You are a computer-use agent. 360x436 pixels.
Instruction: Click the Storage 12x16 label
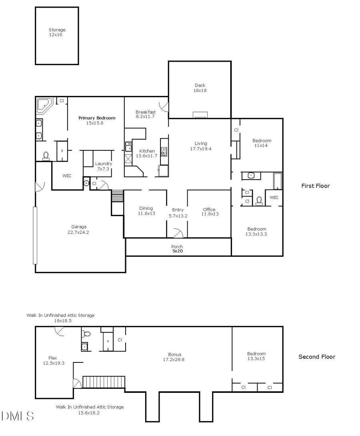click(x=57, y=32)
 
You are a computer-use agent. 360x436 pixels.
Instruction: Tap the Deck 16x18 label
click(x=200, y=88)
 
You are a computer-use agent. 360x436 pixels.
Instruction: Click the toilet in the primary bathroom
click(x=46, y=156)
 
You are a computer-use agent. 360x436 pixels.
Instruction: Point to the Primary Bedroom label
click(x=97, y=120)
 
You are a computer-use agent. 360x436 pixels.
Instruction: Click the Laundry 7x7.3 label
click(x=103, y=166)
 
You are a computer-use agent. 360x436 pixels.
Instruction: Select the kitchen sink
click(x=128, y=147)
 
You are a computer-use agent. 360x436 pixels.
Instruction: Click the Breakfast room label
click(x=146, y=114)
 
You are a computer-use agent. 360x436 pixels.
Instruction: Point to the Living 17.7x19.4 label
click(x=201, y=146)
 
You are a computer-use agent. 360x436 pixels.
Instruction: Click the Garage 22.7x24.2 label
click(x=79, y=230)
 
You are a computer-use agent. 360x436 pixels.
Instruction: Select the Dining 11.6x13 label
click(x=146, y=211)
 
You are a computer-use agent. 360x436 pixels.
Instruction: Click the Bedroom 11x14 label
click(x=262, y=143)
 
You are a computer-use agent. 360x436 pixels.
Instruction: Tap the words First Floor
click(x=316, y=186)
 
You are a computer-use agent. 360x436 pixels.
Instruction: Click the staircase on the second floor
click(x=104, y=382)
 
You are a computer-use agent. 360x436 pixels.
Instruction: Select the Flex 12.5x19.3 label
click(x=54, y=361)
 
